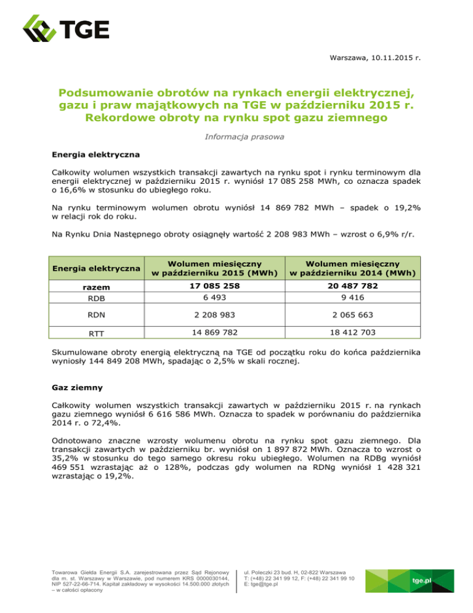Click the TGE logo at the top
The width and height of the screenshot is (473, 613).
point(66,29)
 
